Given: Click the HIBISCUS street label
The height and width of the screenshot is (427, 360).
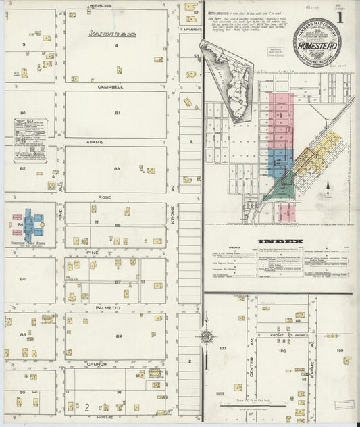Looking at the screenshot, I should [101, 5].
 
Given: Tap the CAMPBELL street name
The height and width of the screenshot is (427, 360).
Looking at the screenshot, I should [110, 87].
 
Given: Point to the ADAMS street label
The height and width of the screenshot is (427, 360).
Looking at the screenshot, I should [112, 142].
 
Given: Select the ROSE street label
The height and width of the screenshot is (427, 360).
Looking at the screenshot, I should [105, 198].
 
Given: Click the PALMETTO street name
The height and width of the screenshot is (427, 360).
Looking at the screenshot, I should [103, 307].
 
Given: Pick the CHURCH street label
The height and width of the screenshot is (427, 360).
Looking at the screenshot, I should [97, 364].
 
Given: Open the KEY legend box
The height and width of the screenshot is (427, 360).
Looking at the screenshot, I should [30, 141].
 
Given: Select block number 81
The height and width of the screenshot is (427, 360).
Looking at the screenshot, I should [117, 113].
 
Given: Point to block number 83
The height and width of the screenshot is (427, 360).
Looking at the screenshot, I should [117, 168].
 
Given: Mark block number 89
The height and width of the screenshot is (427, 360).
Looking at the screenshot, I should [119, 336].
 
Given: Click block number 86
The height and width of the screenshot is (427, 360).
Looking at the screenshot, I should [22, 279].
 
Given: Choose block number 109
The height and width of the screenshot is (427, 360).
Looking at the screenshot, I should [340, 351].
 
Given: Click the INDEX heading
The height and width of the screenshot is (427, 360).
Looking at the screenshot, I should [280, 241].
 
